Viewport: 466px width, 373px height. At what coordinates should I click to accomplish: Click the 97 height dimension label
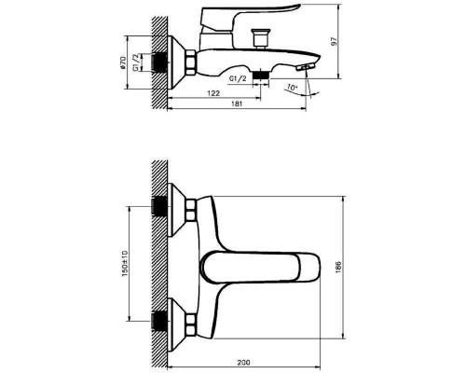click(335, 42)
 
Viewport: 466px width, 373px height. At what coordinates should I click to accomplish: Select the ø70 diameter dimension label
click(123, 62)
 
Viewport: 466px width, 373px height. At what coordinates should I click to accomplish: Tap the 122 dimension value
click(213, 93)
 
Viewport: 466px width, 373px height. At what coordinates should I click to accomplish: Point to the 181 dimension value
click(237, 104)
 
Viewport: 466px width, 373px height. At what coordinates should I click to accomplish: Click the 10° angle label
click(292, 88)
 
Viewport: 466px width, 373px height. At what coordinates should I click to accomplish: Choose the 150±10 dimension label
click(125, 264)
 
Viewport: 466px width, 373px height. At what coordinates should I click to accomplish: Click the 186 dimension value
click(338, 268)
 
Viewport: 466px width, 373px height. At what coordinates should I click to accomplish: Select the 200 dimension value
click(243, 363)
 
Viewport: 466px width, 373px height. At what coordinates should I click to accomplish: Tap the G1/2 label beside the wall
click(136, 62)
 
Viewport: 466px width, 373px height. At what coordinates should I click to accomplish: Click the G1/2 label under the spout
click(238, 78)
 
